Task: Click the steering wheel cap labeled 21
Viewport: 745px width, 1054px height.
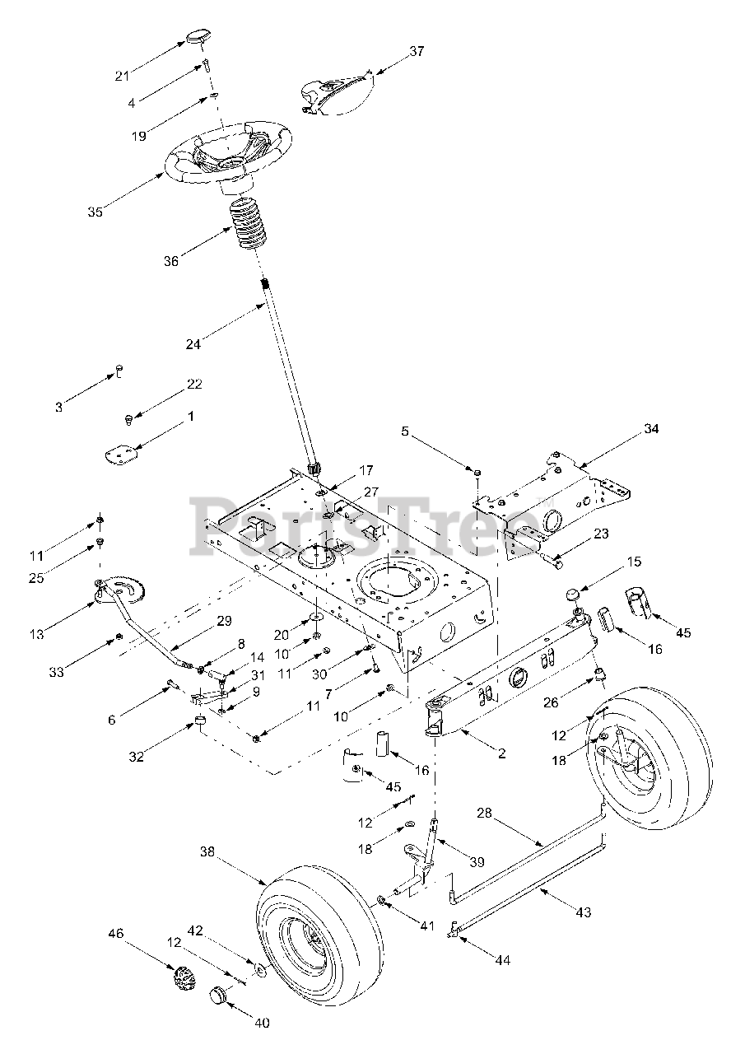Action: [198, 37]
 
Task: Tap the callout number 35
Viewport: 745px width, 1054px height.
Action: [95, 212]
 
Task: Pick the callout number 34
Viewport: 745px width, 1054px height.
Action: [651, 428]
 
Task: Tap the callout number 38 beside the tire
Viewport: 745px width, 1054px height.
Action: [207, 854]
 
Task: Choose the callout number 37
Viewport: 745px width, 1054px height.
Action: [417, 51]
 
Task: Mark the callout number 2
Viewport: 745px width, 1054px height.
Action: [501, 753]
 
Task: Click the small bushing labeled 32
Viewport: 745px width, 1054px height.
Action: [199, 723]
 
